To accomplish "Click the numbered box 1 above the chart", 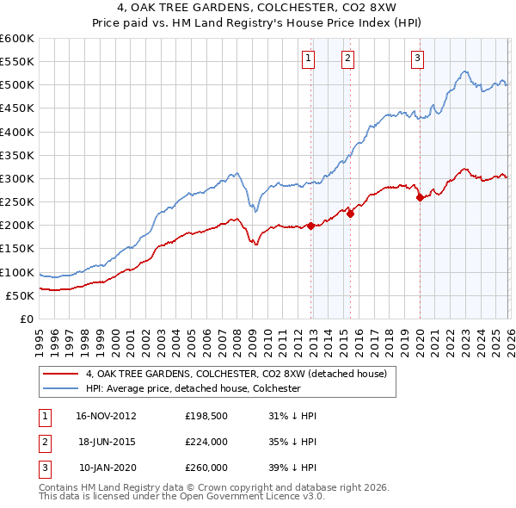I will (x=308, y=59).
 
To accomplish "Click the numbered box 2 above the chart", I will (x=347, y=59).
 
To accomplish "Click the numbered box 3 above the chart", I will (x=417, y=59).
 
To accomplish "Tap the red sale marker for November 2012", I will (x=311, y=226).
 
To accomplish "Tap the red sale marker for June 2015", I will (x=351, y=214).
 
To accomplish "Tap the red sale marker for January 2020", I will (x=420, y=197).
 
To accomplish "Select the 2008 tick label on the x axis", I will (x=236, y=337).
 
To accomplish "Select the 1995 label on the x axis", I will (x=40, y=337).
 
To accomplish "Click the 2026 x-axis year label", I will (x=509, y=337).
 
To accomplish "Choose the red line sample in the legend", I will (x=60, y=374).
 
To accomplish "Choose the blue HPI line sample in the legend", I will (x=60, y=388).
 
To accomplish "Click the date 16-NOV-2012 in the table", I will (x=106, y=415).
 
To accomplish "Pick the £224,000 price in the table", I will (x=206, y=442).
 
